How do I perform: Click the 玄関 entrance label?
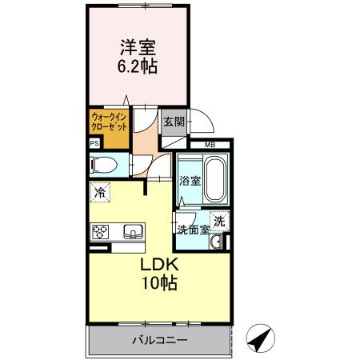tap(174, 122)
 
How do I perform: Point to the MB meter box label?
tap(210, 145)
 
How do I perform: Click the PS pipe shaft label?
tap(94, 145)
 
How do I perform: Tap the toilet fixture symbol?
tap(105, 165)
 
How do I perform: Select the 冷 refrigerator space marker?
tap(98, 192)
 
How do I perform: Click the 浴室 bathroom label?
tap(189, 182)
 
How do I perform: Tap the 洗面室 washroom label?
tap(193, 230)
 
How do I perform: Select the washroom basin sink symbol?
tap(217, 242)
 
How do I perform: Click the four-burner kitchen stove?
tap(101, 234)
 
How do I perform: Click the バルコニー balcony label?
tap(160, 340)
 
